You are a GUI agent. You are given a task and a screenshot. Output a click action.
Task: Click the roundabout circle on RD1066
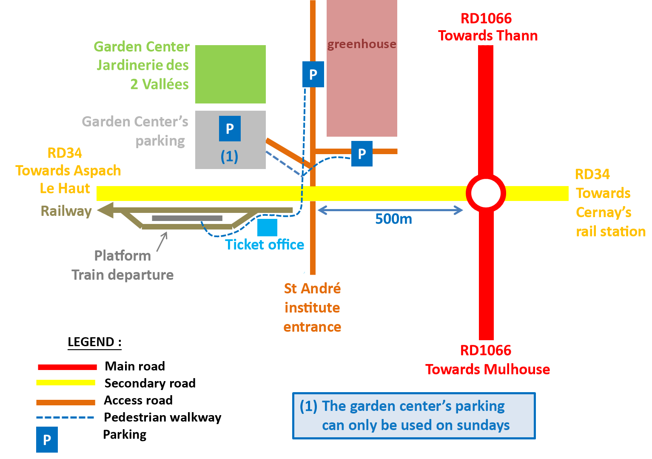click(x=486, y=193)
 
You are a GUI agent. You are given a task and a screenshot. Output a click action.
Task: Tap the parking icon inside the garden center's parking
click(x=230, y=128)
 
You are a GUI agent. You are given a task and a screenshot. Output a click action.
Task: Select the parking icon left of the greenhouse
click(x=313, y=75)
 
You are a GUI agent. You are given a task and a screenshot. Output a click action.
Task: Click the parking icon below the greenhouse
click(x=362, y=154)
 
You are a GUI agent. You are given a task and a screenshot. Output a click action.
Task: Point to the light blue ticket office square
click(x=267, y=227)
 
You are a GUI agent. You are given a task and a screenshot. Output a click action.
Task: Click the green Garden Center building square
click(x=231, y=74)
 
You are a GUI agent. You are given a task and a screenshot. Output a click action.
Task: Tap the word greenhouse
click(x=362, y=44)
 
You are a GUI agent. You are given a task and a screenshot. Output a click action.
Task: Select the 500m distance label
click(x=393, y=219)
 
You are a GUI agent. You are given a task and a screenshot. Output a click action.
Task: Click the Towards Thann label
click(x=488, y=36)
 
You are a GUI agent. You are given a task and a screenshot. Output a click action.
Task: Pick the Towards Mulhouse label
click(x=487, y=369)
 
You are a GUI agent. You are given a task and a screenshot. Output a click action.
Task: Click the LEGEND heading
click(x=94, y=342)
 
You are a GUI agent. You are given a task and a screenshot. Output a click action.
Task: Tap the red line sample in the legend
click(x=67, y=367)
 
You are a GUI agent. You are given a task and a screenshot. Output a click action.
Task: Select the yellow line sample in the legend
click(x=66, y=382)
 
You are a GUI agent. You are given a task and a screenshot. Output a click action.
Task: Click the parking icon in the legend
click(x=47, y=440)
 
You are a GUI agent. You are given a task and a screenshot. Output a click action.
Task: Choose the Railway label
click(x=65, y=211)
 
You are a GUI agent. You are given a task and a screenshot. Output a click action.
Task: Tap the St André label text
click(x=312, y=289)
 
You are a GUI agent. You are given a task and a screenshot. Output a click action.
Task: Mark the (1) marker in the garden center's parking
click(x=229, y=156)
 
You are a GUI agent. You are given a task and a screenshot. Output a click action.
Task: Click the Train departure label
click(x=122, y=275)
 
